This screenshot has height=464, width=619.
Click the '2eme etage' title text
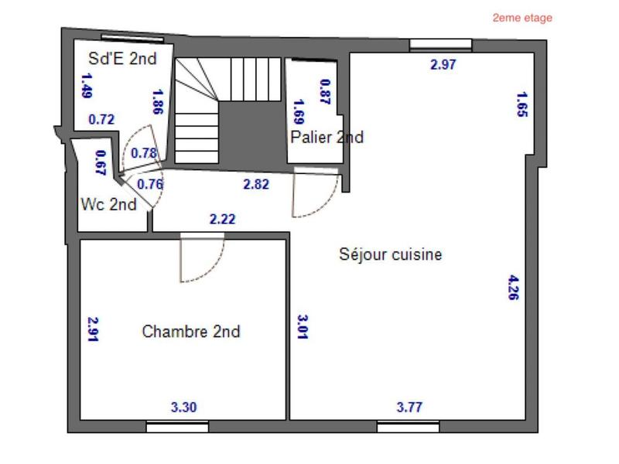[522, 18]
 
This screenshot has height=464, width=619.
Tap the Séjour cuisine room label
[391, 254]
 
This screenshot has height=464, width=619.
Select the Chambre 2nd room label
[191, 332]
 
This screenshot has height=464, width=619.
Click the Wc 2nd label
[109, 205]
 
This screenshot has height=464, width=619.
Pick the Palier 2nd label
[327, 138]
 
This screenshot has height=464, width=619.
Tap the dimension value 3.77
[409, 408]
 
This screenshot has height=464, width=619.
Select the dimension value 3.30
[183, 408]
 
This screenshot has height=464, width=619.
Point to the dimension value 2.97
[443, 65]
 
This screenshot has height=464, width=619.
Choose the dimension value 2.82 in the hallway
[256, 183]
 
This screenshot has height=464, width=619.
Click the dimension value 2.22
[222, 220]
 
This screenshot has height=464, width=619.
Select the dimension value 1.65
[522, 104]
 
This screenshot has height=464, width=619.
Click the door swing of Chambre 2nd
[201, 259]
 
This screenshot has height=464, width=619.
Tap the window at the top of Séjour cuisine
[440, 44]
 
